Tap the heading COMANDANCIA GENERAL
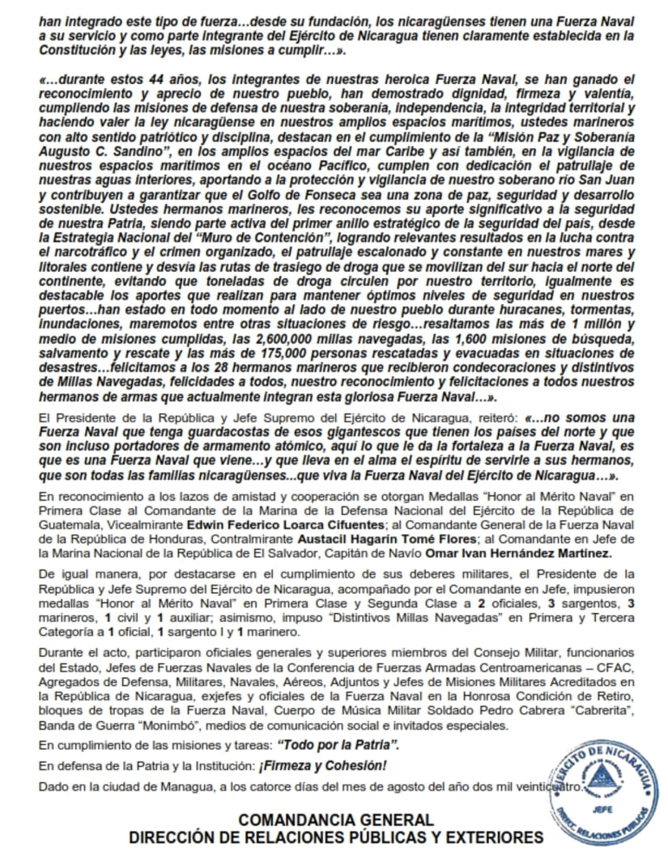(336, 820)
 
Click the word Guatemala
(68, 524)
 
